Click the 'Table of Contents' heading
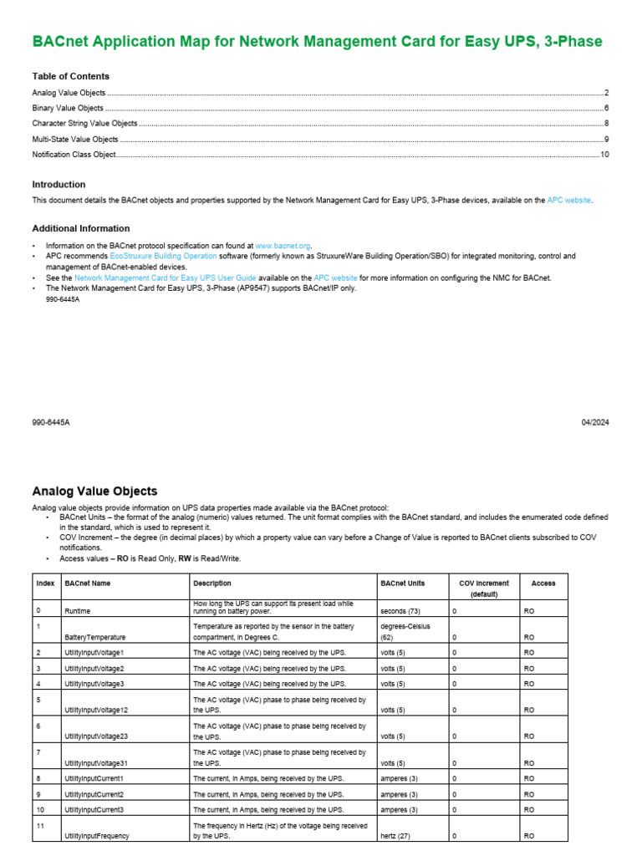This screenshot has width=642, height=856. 70,76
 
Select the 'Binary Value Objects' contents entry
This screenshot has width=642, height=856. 68,108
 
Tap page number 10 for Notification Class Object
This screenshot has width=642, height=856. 604,155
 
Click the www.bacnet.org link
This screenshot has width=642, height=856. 283,246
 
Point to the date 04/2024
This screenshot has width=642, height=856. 595,423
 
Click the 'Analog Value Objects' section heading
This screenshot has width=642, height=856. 94,492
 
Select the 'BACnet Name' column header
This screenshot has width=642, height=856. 88,583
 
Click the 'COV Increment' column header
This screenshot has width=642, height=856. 484,583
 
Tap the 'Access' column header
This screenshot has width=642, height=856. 543,583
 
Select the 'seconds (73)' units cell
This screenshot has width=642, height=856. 400,612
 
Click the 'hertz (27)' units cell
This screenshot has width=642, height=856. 396,836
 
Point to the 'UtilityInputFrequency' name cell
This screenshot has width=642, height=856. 97,836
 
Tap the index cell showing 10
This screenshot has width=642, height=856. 40,810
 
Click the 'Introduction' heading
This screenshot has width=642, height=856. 59,185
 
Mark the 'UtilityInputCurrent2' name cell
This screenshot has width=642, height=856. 94,794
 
